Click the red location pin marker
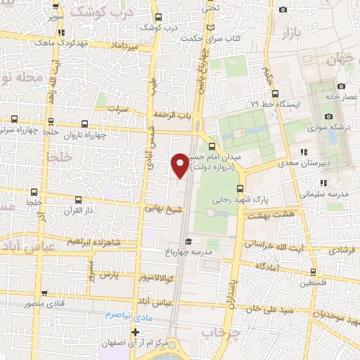point(181,165)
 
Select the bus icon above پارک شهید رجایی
point(241,188)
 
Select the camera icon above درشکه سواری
point(328,116)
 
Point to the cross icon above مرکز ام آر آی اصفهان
point(135,332)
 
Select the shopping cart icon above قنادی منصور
point(45,292)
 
